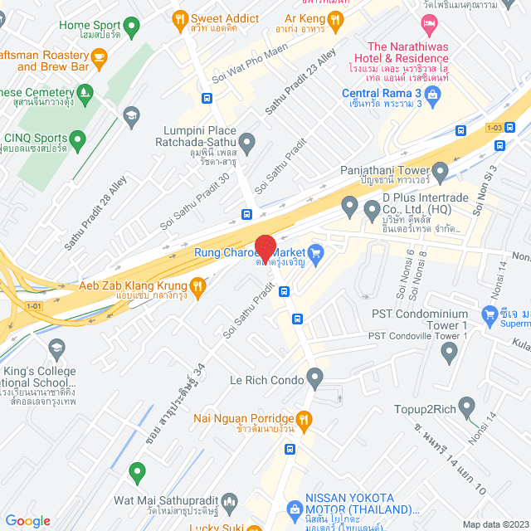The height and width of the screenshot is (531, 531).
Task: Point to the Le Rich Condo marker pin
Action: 314,379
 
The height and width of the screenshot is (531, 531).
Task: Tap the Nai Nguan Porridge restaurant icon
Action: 304,420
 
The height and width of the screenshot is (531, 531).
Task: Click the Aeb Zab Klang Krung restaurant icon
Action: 197,287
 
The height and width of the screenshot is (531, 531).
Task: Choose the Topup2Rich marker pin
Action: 466,407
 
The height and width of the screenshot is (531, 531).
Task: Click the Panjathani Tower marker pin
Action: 440,171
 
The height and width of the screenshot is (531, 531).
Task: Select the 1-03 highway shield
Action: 494,127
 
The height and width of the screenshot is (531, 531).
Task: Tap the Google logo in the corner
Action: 27,521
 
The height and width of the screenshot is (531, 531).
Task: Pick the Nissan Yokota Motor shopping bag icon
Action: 293,508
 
